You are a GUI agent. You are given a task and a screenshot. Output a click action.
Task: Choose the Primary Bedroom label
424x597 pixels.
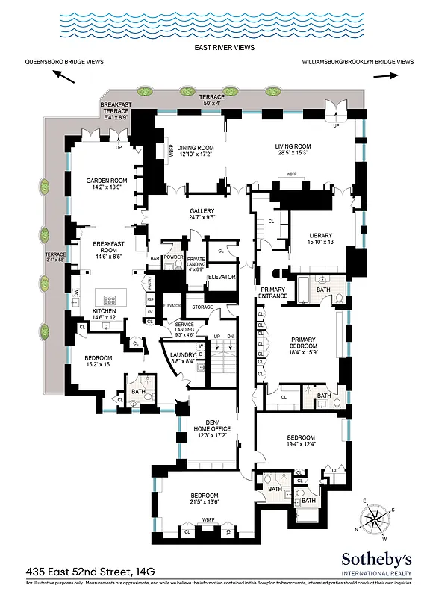(304, 343)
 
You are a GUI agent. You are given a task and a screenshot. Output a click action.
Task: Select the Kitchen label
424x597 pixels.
(104, 315)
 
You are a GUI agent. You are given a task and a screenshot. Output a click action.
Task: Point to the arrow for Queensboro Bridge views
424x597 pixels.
(63, 76)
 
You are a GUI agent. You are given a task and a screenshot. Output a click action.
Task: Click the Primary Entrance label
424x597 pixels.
(273, 293)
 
